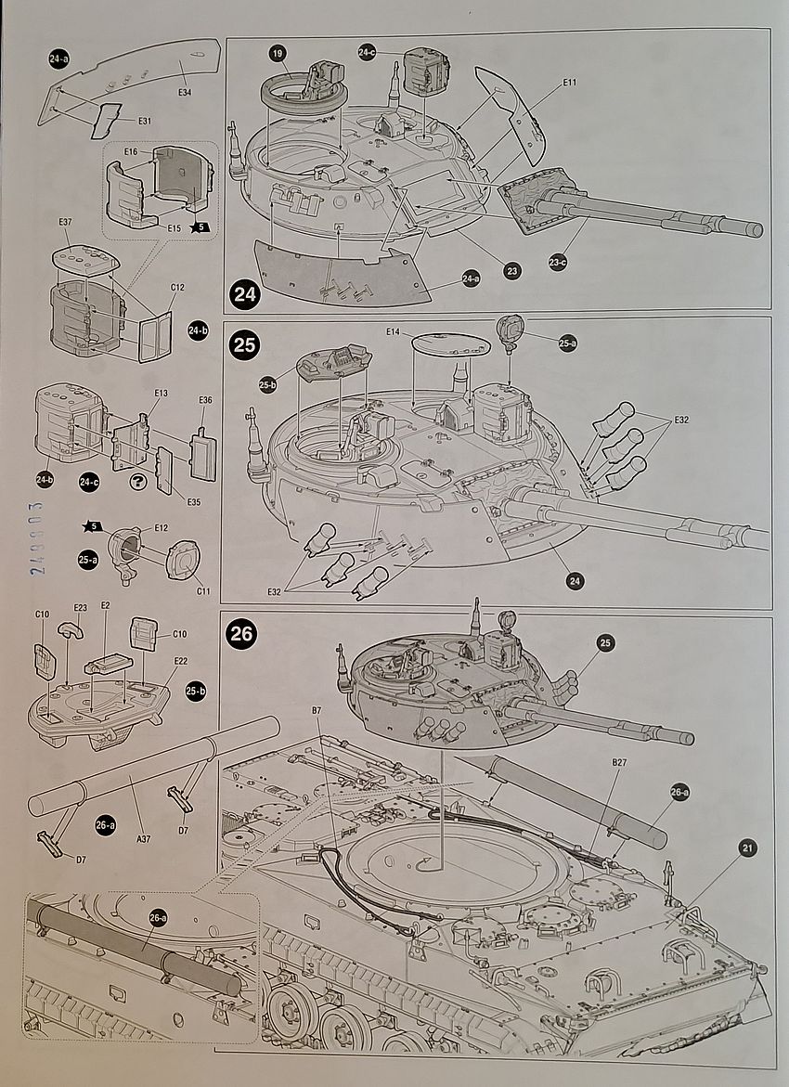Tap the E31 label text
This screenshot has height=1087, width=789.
tap(145, 121)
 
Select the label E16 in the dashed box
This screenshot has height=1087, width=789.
tap(130, 151)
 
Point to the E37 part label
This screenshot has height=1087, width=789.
tap(65, 222)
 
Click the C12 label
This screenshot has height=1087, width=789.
tap(177, 287)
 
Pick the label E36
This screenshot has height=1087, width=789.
tap(205, 400)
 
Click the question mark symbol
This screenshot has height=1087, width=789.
tap(140, 482)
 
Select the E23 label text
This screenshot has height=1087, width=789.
tap(80, 608)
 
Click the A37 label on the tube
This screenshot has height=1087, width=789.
tap(143, 838)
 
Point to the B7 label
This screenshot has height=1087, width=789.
tap(317, 711)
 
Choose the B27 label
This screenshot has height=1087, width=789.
tap(619, 763)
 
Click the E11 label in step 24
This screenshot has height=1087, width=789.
tap(569, 84)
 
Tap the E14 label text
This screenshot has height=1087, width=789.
tap(394, 331)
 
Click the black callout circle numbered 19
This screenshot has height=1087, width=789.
tap(278, 54)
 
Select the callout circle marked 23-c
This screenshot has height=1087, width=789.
tap(558, 263)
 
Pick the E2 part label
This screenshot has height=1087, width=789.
tap(105, 605)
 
